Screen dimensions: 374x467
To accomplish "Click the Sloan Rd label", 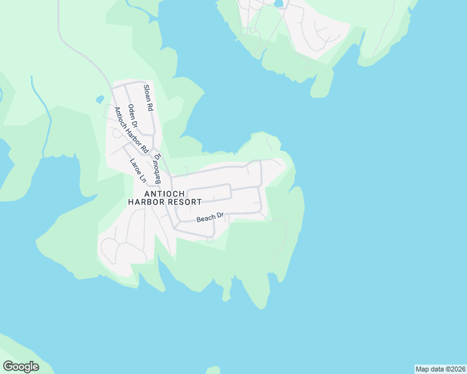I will click(x=149, y=98).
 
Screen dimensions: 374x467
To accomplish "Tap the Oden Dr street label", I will click(x=132, y=116).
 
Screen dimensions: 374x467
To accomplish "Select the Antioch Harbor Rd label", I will click(x=130, y=130).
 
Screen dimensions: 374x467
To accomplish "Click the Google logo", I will click(x=21, y=367).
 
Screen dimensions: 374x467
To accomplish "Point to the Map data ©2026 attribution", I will click(x=440, y=369).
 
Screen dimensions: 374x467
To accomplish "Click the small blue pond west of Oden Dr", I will click(x=100, y=99).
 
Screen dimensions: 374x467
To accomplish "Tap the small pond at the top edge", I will click(x=278, y=3).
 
